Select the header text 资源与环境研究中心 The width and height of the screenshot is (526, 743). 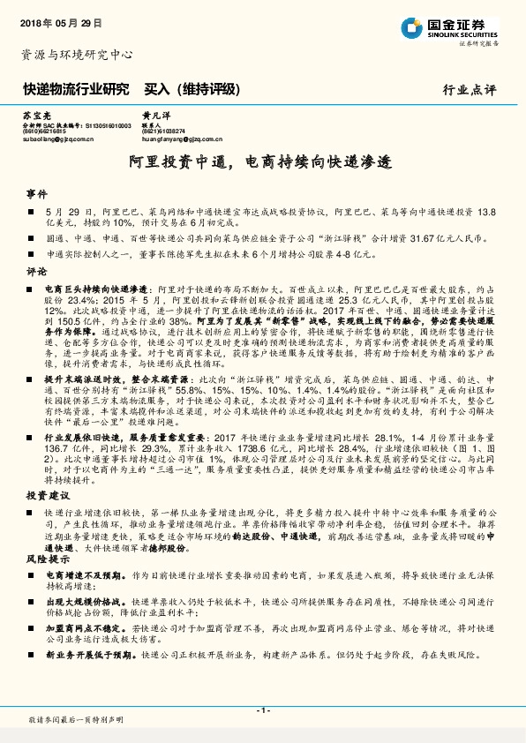tap(76, 55)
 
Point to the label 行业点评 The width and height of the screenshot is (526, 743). tap(470, 89)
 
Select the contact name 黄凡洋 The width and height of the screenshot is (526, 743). tap(153, 116)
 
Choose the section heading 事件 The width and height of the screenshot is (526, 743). tap(36, 193)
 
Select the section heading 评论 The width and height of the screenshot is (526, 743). tap(36, 271)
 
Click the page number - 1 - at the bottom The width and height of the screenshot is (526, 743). tap(262, 710)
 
